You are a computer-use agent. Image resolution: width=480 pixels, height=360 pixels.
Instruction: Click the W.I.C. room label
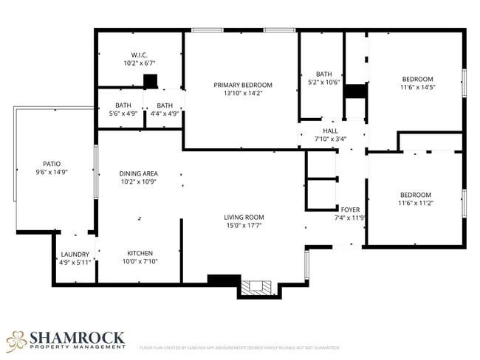pyautogui.click(x=140, y=55)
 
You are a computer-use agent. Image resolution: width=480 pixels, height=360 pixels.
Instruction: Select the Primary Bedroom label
pyautogui.click(x=243, y=85)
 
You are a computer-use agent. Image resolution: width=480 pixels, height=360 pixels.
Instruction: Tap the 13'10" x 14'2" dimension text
pyautogui.click(x=243, y=94)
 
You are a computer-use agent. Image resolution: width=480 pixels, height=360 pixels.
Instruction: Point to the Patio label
pyautogui.click(x=52, y=164)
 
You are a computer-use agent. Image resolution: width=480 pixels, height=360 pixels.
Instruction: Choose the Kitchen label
pyautogui.click(x=140, y=252)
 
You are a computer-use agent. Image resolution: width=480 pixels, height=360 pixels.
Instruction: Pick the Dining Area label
pyautogui.click(x=138, y=173)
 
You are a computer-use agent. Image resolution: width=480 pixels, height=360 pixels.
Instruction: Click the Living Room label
pyautogui.click(x=244, y=217)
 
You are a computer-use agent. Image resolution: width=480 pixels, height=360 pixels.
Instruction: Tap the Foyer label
pyautogui.click(x=350, y=210)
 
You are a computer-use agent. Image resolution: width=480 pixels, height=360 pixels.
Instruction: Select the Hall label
pyautogui.click(x=330, y=131)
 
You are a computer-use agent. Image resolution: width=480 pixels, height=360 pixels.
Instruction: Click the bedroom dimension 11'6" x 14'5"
pyautogui.click(x=417, y=88)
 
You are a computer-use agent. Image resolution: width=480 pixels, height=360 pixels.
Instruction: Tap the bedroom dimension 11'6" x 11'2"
pyautogui.click(x=415, y=203)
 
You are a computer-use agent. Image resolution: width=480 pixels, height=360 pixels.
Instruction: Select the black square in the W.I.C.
pyautogui.click(x=151, y=80)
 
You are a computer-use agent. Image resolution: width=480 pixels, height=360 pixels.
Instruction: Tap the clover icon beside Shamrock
pyautogui.click(x=16, y=340)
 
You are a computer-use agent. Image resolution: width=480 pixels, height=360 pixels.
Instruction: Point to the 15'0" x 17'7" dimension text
pyautogui.click(x=244, y=225)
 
